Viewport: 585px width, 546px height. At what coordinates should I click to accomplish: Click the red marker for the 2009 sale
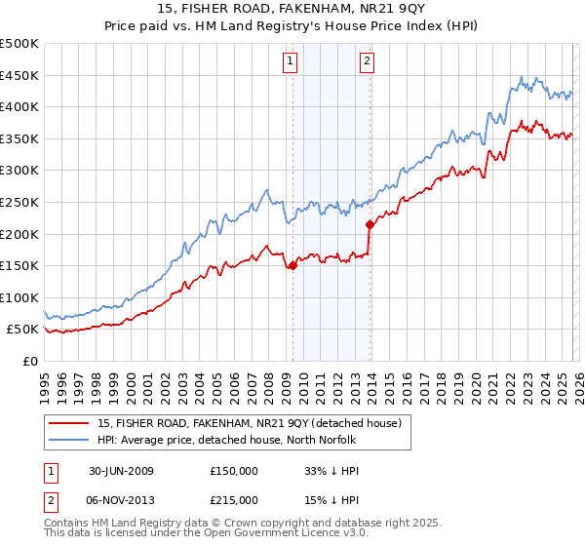coord(292,265)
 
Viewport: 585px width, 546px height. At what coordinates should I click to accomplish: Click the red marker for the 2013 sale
coord(369,224)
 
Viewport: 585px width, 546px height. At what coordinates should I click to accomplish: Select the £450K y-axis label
coord(19,75)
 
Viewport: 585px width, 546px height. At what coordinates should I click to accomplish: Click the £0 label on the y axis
coord(29,361)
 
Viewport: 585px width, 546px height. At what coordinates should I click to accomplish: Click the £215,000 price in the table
coord(234,500)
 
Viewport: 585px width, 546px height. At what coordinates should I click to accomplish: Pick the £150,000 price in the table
coord(234,471)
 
